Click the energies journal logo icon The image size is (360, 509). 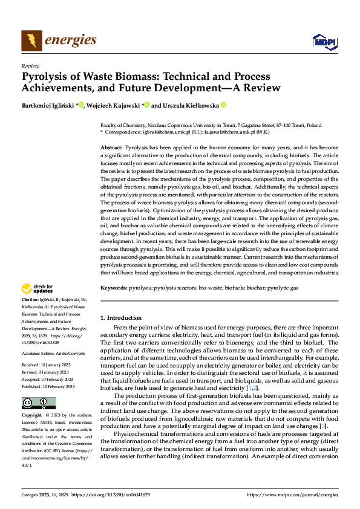pyautogui.click(x=32, y=41)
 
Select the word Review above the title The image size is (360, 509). pyautogui.click(x=30, y=66)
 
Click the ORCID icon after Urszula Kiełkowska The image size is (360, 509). pyautogui.click(x=223, y=105)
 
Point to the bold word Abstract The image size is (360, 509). pyautogui.click(x=111, y=148)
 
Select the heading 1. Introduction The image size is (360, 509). pyautogui.click(x=121, y=318)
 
